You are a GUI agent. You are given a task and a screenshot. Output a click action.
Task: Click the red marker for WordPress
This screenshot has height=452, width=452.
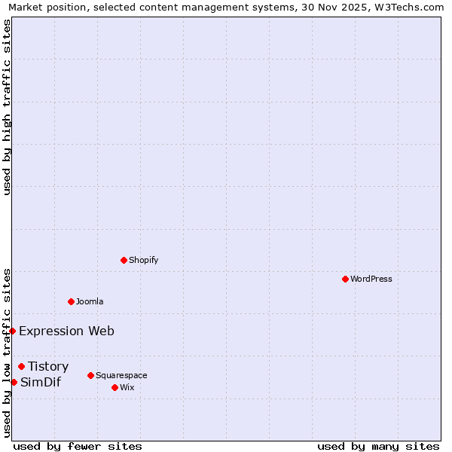[x=345, y=279]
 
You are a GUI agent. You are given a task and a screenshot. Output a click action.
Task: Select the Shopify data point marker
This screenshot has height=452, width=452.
[x=124, y=260]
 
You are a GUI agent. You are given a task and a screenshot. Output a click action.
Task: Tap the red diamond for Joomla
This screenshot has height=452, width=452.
[x=71, y=301]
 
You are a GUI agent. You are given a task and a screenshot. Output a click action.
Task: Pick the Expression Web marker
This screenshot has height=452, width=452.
[x=12, y=331]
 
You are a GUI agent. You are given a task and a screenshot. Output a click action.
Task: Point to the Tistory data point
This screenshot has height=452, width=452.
[x=21, y=366]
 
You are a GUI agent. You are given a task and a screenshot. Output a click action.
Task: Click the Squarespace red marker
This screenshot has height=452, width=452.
[x=90, y=375]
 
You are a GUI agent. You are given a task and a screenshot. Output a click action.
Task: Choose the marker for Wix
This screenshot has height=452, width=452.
[x=115, y=387]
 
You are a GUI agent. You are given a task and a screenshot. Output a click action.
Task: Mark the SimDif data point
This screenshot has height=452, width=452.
[x=14, y=382]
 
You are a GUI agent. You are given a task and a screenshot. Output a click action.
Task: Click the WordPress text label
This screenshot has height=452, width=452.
[x=371, y=279]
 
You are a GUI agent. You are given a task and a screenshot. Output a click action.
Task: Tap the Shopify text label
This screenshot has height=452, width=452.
[x=143, y=260]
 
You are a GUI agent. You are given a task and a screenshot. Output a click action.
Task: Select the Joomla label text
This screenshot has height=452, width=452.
[x=90, y=301]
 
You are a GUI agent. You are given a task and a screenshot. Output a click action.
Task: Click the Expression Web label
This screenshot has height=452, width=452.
[x=66, y=331]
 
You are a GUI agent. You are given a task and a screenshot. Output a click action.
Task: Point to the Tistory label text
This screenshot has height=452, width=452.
[x=48, y=366]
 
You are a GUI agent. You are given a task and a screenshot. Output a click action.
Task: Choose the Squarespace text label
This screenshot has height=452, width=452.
[x=121, y=375]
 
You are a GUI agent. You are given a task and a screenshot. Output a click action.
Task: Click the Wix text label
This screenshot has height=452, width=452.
[x=127, y=387]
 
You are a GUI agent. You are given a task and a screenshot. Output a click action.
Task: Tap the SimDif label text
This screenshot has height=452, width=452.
[x=41, y=382]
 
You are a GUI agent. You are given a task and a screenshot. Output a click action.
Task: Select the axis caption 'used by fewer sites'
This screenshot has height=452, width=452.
[x=78, y=446]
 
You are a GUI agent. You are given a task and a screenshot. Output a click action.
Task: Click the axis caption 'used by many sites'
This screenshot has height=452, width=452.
[x=378, y=446]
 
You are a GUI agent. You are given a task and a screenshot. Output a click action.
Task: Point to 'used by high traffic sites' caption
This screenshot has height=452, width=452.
[x=8, y=107]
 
